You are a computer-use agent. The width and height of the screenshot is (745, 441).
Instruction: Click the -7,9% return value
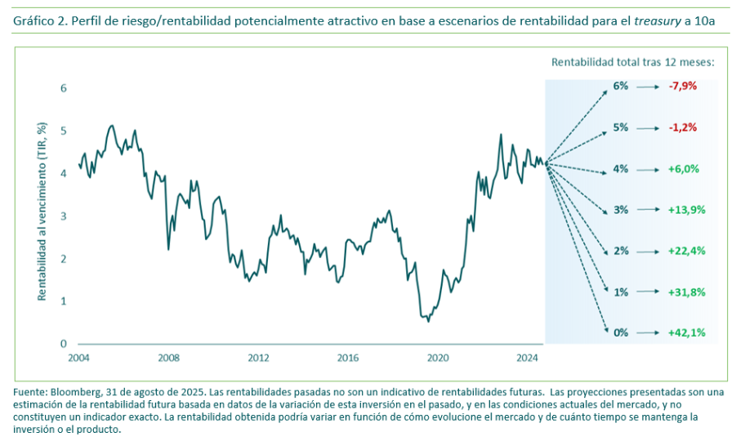pyautogui.click(x=683, y=86)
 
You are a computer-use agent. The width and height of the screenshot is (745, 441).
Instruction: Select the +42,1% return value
pyautogui.click(x=686, y=332)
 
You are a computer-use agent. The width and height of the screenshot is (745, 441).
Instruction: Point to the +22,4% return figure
pyautogui.click(x=686, y=251)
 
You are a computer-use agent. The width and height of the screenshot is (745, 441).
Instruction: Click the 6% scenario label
pyautogui.click(x=621, y=86)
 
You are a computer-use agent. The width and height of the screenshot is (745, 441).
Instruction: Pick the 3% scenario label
pyautogui.click(x=621, y=210)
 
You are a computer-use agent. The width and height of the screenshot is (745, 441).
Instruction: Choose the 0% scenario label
pyautogui.click(x=621, y=332)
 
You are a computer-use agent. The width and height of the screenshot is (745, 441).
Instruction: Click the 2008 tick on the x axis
pyautogui.click(x=169, y=358)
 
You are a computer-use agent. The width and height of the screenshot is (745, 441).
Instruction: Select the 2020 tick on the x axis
pyautogui.click(x=439, y=358)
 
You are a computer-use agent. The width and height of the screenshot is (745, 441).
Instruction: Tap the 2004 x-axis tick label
pyautogui.click(x=79, y=358)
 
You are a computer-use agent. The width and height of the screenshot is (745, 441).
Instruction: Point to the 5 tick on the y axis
pyautogui.click(x=64, y=131)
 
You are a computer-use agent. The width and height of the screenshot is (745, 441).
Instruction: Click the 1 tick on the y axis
pyautogui.click(x=64, y=301)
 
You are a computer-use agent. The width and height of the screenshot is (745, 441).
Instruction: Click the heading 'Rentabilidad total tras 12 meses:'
pyautogui.click(x=633, y=61)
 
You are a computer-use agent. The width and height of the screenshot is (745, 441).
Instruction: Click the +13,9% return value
pyautogui.click(x=686, y=210)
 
